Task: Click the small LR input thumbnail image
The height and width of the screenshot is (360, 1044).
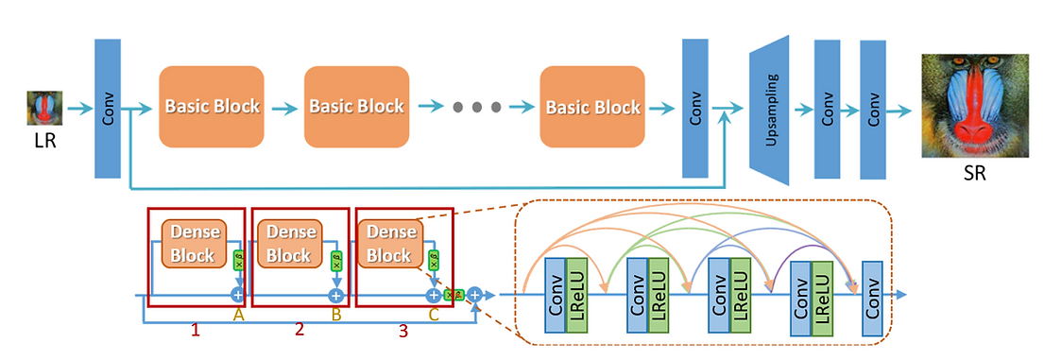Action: point(44,108)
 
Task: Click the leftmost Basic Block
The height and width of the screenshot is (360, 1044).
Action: point(212,106)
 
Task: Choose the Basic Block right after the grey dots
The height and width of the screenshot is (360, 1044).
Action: point(590,106)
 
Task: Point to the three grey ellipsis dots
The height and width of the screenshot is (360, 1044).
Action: point(472,107)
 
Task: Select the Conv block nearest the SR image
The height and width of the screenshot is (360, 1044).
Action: point(874,109)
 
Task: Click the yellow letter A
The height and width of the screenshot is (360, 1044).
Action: point(238,317)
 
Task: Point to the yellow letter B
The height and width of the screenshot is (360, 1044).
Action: point(335,317)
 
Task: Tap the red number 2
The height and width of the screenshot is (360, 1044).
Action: point(299,330)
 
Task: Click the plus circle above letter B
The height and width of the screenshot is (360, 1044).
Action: point(334,296)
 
